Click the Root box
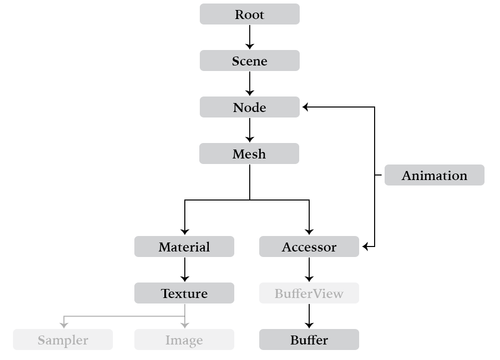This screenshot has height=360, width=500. (x=250, y=14)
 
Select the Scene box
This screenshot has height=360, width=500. (x=250, y=60)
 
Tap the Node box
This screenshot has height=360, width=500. (x=250, y=107)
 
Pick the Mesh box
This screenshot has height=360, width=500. (x=249, y=153)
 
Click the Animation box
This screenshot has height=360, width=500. (x=434, y=175)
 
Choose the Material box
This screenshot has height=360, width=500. (x=184, y=246)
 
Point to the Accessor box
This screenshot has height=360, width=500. (x=309, y=246)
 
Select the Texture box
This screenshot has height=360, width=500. (x=184, y=293)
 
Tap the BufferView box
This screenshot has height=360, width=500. (x=309, y=293)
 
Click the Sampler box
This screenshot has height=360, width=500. (x=63, y=339)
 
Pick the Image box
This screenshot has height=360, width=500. (x=184, y=339)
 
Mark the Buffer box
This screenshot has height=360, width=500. (x=309, y=339)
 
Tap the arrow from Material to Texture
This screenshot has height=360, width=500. (x=185, y=269)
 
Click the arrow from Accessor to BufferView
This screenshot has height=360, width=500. (x=309, y=269)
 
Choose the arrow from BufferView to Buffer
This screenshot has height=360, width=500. (x=309, y=316)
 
